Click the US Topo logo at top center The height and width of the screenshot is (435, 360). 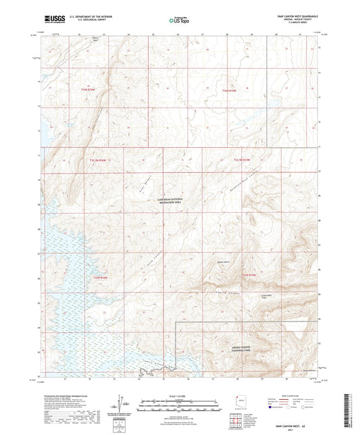tap(178, 20)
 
